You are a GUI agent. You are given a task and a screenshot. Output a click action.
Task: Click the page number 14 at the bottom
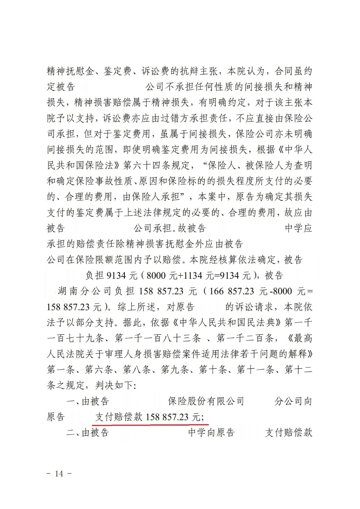click(59, 474)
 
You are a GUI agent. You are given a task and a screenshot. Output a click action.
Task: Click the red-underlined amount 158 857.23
click(167, 417)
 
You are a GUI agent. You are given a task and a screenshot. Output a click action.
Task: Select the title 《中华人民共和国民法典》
click(230, 323)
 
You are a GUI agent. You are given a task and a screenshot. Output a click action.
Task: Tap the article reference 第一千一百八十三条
click(158, 338)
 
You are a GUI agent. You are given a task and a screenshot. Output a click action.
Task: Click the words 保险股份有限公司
click(206, 401)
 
